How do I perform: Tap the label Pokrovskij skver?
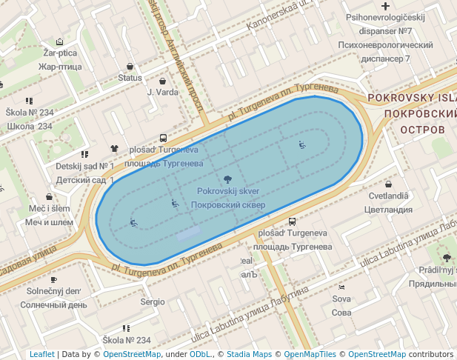[227, 191]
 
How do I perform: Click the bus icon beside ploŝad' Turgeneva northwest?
[163, 139]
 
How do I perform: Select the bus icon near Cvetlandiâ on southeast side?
[293, 221]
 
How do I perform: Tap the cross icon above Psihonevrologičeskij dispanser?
[385, 6]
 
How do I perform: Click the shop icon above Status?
[130, 66]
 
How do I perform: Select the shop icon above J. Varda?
[163, 81]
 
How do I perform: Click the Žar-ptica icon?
[59, 41]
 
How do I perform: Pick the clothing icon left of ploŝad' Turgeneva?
[114, 149]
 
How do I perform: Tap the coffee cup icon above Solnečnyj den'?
[53, 279]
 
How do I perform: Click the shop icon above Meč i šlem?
[50, 197]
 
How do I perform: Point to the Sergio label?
[153, 302]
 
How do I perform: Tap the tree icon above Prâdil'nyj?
[447, 258]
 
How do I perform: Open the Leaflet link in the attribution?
[42, 354]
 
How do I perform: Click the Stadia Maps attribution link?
[249, 354]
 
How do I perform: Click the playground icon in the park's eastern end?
[301, 144]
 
